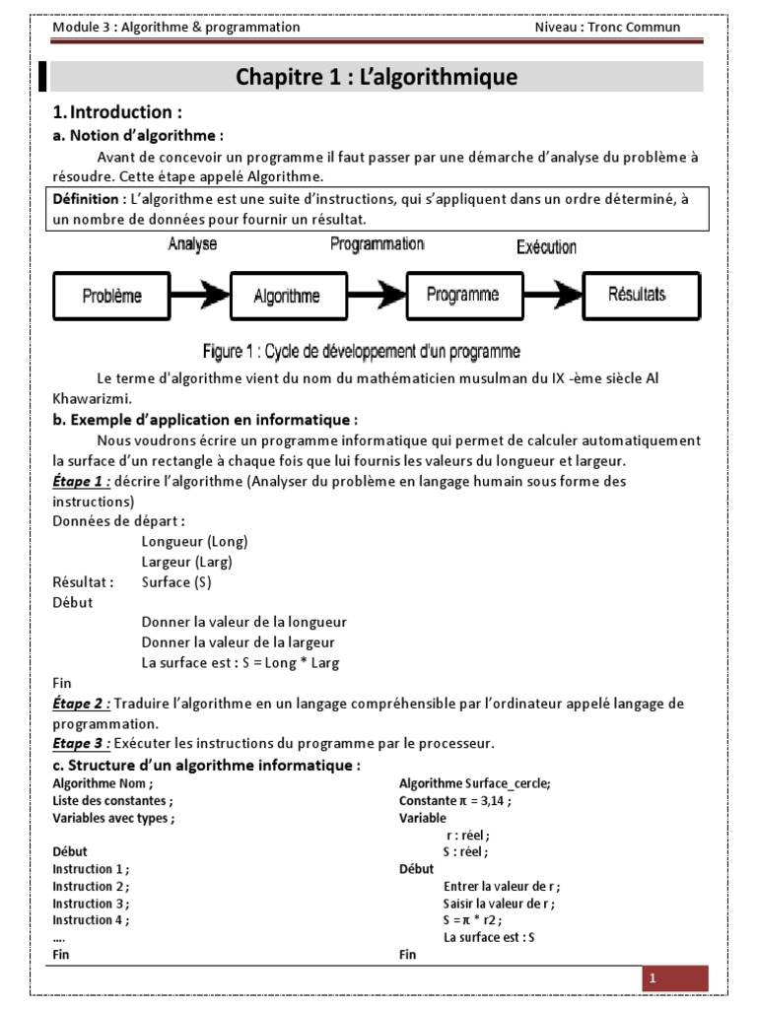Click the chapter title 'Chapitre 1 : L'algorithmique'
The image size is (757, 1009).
coord(377,77)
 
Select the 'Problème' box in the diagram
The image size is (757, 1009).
coord(111,295)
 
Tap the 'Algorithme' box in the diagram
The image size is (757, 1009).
coord(287,295)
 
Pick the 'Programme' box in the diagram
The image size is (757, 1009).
coord(463,295)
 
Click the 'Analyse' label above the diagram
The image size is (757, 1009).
coord(192,243)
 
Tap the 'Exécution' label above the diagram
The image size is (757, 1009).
coord(546,246)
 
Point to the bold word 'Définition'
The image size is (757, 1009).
coord(88,199)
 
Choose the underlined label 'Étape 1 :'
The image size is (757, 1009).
coord(82,481)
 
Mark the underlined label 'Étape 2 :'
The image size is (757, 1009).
coord(82,704)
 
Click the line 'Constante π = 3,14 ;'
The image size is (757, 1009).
coord(454,801)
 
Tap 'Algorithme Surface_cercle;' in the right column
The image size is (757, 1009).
coord(475,783)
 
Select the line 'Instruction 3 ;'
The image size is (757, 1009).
coord(91,904)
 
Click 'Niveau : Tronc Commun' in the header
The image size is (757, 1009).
coord(607,27)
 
